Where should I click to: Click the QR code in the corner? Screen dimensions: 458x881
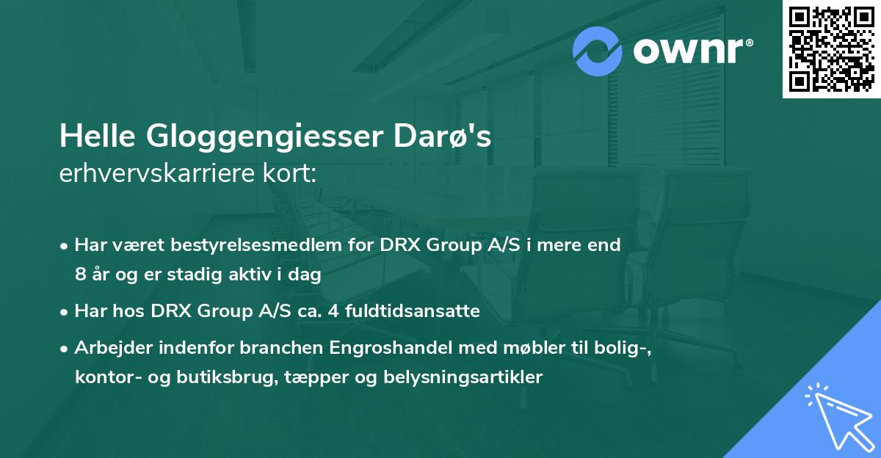click(831, 49)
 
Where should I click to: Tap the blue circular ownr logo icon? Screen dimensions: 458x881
click(598, 51)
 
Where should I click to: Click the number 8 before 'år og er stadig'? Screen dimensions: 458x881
click(80, 275)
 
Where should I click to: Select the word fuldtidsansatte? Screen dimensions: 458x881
click(419, 311)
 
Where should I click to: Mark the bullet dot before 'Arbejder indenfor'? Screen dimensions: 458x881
click(65, 349)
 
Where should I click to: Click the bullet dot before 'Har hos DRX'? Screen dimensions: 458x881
click(65, 312)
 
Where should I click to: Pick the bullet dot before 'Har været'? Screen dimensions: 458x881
click(65, 246)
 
